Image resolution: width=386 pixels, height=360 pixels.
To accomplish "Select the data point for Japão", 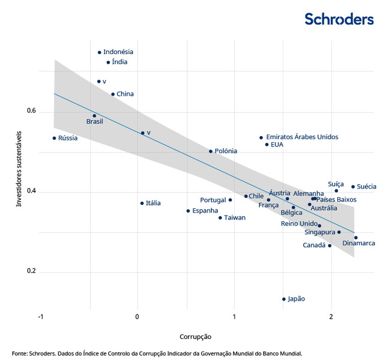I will point(284,299).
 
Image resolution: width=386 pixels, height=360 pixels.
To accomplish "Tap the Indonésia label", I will point(118,52).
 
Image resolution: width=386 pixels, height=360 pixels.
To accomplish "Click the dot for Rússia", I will point(54,138).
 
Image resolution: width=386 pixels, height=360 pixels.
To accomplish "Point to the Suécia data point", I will point(353,187).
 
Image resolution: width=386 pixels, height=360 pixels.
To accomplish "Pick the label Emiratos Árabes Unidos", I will point(302,137).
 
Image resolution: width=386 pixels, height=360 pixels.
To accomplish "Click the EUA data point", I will point(267,145).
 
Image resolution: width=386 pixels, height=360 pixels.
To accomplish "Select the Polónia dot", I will point(211,151).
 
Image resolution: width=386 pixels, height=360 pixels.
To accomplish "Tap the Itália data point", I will point(142,203).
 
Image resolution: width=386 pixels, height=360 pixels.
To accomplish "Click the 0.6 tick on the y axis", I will point(31,112).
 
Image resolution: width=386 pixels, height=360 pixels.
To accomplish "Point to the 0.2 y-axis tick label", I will point(31,272).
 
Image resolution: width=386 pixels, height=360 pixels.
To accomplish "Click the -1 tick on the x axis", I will point(40,316).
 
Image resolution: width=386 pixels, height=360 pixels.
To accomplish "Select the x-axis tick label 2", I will point(331,316).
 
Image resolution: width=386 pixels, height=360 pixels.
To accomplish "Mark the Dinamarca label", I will point(359,243).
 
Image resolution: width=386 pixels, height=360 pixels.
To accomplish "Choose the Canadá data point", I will point(330,245).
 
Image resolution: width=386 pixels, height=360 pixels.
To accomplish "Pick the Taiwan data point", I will point(220,218).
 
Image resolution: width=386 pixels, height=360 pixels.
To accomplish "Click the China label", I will point(125,94).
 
